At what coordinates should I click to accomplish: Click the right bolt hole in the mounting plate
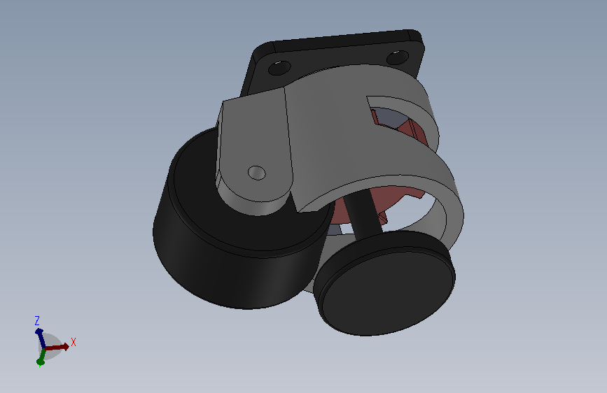pos(399,56)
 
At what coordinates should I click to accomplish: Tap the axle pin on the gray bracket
pos(257,172)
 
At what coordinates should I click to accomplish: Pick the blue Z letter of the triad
pos(37,320)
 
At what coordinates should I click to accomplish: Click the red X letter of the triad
pos(73,342)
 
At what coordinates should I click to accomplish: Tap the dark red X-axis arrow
pos(60,345)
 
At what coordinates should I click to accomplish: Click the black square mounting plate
pos(336,49)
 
